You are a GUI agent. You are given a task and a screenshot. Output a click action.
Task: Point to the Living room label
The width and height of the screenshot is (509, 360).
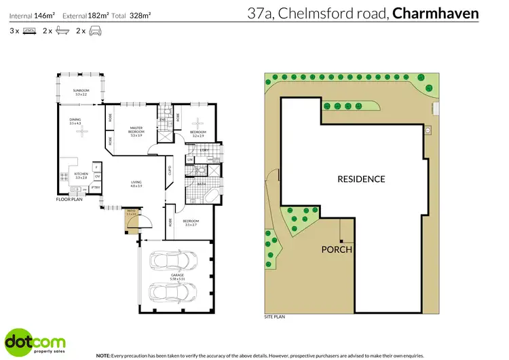click(x=136, y=183)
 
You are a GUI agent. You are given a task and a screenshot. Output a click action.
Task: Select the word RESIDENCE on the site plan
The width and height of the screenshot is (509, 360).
click(x=361, y=179)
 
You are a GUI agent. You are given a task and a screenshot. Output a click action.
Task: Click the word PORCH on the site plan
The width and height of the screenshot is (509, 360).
click(x=337, y=249)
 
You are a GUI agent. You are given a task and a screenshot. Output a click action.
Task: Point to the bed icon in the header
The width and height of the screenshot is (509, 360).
click(x=29, y=31)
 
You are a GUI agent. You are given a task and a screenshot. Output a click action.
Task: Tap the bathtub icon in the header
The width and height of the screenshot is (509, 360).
click(x=62, y=31)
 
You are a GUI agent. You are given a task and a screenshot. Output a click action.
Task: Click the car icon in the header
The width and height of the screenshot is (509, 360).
click(x=95, y=31)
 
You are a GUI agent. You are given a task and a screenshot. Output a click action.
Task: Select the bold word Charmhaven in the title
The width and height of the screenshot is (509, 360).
click(x=436, y=13)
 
